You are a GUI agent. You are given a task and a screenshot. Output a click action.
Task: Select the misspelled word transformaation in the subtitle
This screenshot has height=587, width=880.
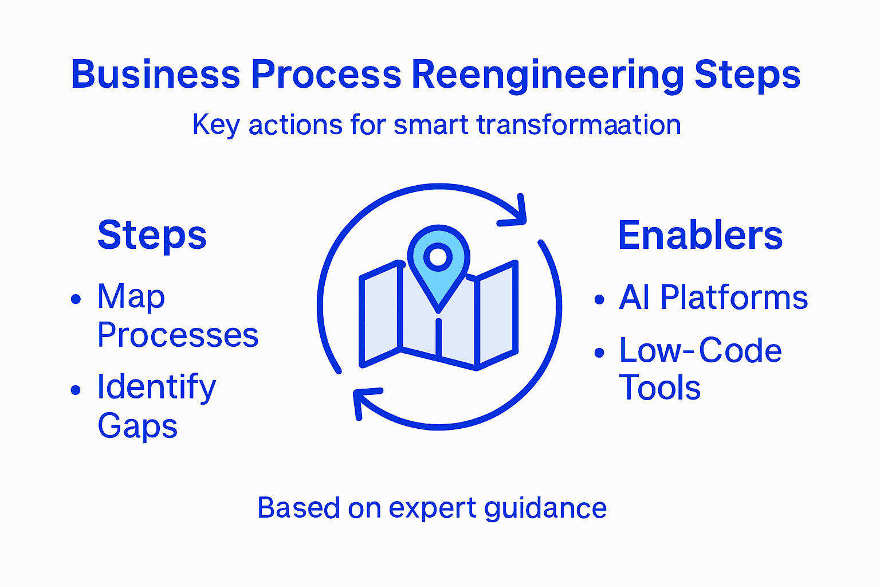click(x=579, y=124)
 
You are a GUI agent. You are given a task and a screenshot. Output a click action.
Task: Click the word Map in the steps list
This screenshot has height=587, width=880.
click(x=131, y=298)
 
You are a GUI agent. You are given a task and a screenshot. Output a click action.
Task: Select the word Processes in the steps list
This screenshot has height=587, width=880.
click(x=178, y=335)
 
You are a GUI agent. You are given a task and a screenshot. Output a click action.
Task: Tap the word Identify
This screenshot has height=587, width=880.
click(x=156, y=388)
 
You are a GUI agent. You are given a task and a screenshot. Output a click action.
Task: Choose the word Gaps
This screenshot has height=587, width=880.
click(x=137, y=426)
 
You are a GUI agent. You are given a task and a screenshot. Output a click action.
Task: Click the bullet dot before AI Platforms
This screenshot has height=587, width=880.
click(x=599, y=299)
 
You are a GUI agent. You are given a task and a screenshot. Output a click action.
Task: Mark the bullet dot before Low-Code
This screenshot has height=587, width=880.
click(x=599, y=352)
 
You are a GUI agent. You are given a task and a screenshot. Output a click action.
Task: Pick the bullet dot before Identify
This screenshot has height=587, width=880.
click(x=76, y=390)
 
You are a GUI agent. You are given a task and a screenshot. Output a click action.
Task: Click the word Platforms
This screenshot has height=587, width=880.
click(x=734, y=298)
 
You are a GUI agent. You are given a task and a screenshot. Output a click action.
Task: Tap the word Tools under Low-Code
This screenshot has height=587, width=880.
click(x=660, y=388)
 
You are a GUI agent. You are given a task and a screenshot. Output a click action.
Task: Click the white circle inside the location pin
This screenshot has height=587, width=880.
click(x=438, y=257)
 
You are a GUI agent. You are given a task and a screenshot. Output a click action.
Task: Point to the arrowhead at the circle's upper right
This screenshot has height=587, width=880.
click(x=516, y=213)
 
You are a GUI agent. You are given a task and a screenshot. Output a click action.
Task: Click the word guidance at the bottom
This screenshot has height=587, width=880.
click(x=545, y=508)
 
